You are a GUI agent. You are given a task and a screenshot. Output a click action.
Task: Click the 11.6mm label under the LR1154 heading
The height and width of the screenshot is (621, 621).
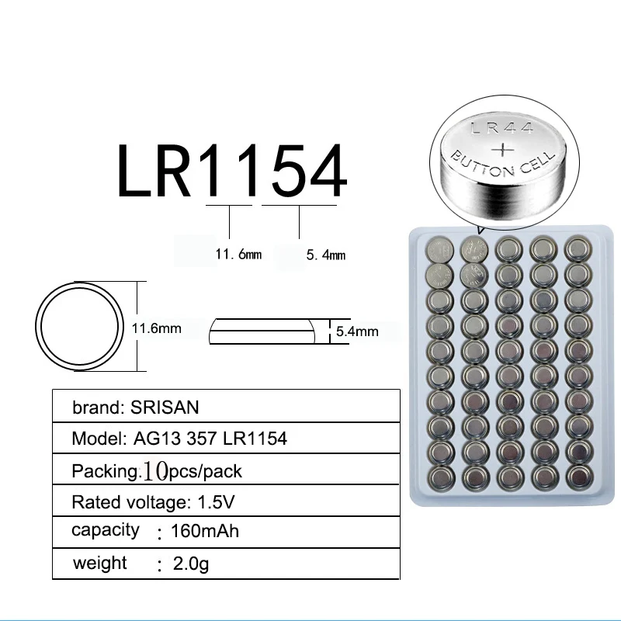tap(238, 254)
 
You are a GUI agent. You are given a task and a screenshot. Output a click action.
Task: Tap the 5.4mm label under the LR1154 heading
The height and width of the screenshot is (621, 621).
tap(326, 255)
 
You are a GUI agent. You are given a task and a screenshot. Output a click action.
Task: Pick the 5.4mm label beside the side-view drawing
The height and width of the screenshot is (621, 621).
tap(357, 331)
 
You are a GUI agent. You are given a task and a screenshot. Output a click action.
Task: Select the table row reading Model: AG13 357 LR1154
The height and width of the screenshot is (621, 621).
tap(179, 439)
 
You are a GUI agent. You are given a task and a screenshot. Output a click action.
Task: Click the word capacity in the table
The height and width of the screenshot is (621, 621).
tap(106, 530)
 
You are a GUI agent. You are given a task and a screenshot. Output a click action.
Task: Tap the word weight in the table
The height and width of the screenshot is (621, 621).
tap(99, 562)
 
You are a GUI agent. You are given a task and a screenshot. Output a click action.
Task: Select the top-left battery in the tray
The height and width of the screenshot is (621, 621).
tap(437, 249)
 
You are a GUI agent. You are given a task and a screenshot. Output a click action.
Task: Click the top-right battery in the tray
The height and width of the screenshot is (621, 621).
tap(576, 248)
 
